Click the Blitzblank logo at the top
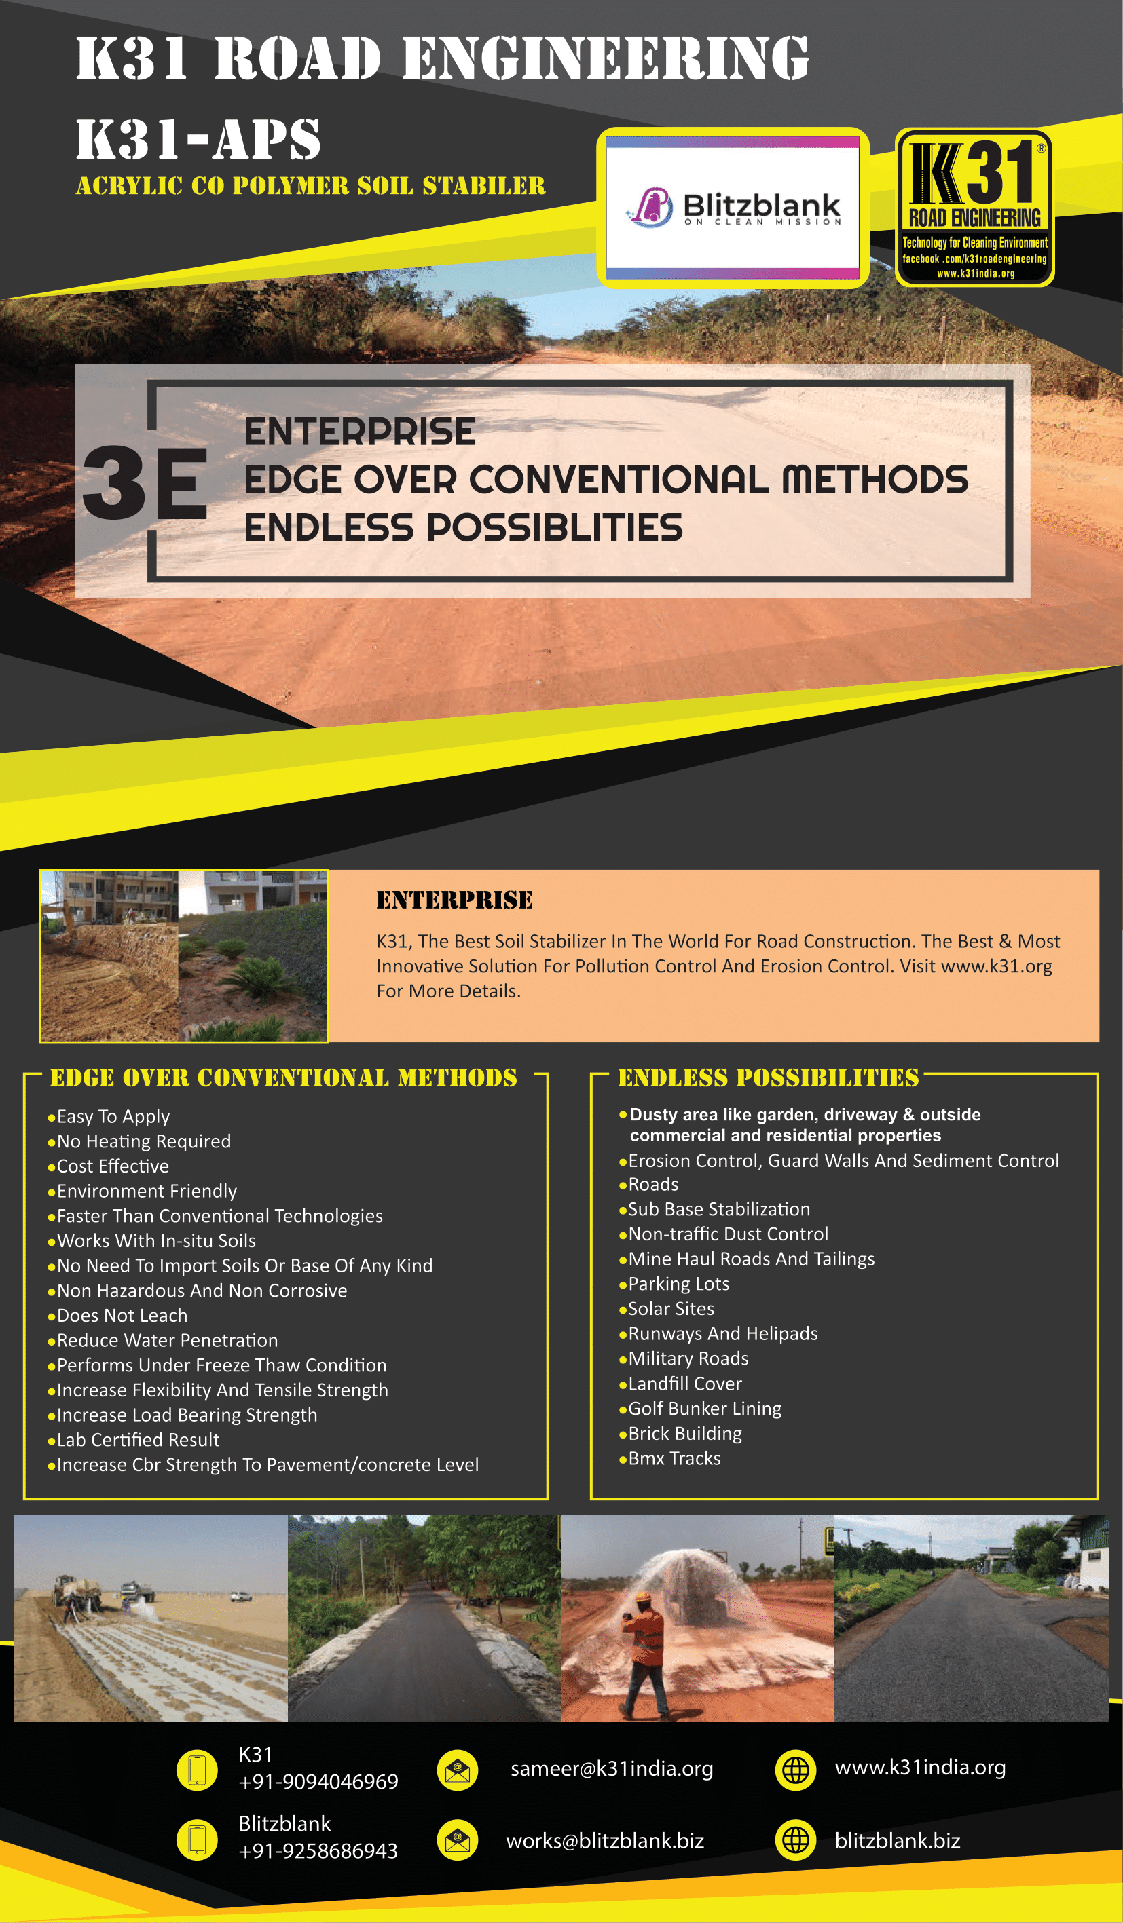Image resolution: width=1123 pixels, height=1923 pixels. tap(732, 208)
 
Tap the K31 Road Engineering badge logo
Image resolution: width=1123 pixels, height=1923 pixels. tap(974, 208)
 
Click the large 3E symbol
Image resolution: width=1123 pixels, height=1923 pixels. tap(145, 482)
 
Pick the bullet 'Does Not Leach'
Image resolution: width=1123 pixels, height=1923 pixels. tap(122, 1316)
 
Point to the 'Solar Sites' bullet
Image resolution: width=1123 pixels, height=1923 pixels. tap(671, 1309)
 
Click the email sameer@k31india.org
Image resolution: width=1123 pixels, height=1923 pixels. tap(612, 1769)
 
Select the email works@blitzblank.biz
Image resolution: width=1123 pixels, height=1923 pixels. tap(605, 1841)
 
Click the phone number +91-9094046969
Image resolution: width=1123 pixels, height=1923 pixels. tap(318, 1781)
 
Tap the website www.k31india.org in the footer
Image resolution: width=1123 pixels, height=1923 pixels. tap(920, 1768)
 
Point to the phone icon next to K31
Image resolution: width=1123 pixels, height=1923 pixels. tap(197, 1770)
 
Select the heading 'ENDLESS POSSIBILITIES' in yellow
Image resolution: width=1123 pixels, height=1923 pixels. tap(768, 1078)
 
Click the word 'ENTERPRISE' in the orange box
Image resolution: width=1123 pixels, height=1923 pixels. tap(454, 900)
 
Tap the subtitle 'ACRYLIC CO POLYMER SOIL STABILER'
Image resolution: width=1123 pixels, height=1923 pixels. tap(311, 185)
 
